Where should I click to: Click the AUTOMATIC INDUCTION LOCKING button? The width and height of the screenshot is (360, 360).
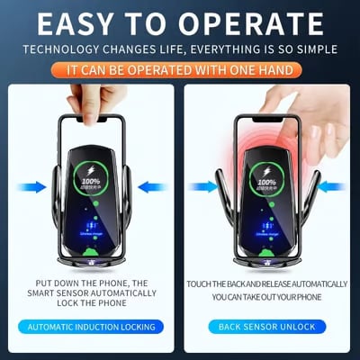91,326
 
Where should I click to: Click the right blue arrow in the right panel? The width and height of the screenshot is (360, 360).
330,186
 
